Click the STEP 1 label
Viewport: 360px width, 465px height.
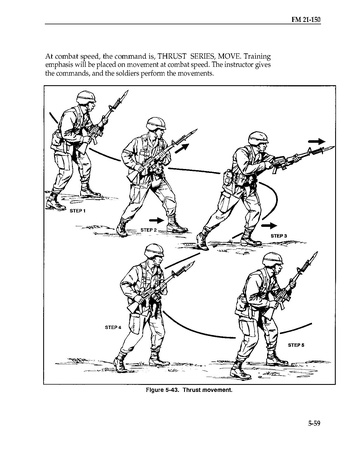click(77, 211)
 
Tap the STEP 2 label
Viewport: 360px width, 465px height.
click(149, 230)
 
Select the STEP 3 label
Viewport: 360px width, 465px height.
click(279, 236)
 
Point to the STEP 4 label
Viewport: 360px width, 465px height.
click(113, 327)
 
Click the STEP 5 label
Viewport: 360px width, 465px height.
click(296, 345)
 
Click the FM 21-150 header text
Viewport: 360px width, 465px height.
click(306, 19)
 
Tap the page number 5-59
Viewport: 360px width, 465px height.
click(314, 424)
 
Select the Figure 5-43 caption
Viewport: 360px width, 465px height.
click(189, 390)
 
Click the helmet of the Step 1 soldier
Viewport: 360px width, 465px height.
click(86, 97)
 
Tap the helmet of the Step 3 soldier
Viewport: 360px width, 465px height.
click(258, 138)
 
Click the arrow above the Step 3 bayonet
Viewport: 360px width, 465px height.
click(316, 141)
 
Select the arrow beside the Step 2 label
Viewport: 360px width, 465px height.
click(157, 220)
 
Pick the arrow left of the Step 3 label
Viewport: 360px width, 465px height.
click(269, 226)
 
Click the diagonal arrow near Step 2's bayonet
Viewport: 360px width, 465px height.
click(182, 148)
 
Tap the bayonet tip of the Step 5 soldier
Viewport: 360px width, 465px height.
click(316, 253)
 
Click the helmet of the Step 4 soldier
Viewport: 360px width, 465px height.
click(154, 250)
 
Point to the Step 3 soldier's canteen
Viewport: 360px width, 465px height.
click(229, 177)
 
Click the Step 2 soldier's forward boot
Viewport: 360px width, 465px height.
click(176, 224)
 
